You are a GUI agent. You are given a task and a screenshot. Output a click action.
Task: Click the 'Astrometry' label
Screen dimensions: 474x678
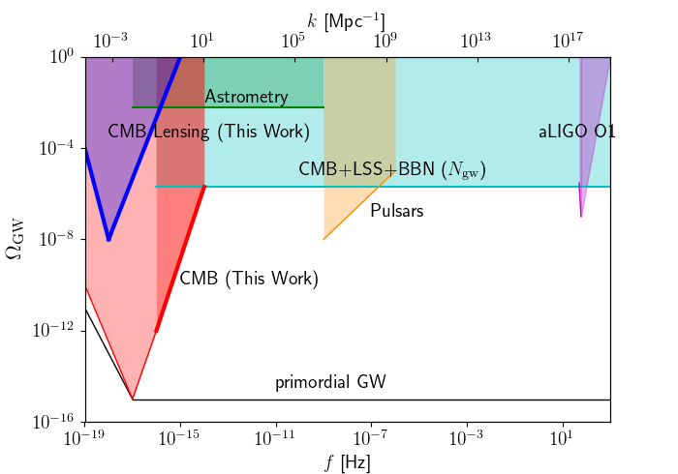click(246, 97)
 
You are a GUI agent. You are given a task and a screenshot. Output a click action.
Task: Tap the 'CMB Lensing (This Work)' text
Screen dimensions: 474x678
click(209, 132)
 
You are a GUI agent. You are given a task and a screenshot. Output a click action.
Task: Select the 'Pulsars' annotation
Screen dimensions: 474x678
click(397, 210)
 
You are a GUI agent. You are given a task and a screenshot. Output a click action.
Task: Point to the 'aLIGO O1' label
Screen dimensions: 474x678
click(577, 132)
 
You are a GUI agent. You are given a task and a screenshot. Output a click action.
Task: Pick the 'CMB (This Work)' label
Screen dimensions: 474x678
click(249, 279)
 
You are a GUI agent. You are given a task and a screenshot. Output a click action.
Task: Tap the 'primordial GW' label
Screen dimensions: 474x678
click(330, 382)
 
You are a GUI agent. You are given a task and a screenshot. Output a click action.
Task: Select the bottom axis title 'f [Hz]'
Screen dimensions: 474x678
click(348, 461)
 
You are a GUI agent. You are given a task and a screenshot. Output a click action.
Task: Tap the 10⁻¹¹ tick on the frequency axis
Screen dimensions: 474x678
click(276, 438)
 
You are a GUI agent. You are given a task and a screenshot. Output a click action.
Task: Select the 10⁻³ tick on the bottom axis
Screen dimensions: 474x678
click(467, 438)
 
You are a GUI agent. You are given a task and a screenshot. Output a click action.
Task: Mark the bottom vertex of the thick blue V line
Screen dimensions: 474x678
click(108, 239)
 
